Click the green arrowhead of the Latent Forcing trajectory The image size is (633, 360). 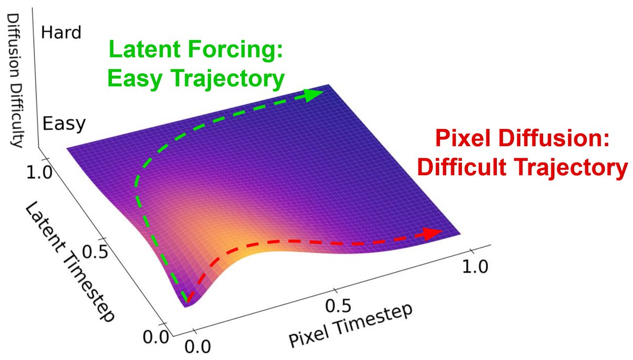314,95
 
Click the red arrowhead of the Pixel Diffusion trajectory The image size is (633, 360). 434,233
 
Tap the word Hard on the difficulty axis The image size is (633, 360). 61,33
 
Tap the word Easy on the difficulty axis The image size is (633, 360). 63,124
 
